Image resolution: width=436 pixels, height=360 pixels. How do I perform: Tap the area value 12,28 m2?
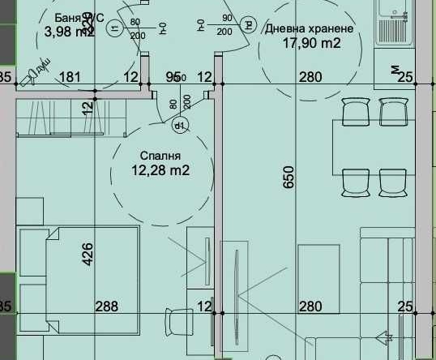(x=160, y=170)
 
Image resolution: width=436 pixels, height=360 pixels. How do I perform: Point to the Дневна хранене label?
(x=309, y=28)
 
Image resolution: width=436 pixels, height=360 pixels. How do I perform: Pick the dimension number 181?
(x=71, y=78)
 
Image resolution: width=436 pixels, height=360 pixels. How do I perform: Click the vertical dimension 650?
(x=289, y=178)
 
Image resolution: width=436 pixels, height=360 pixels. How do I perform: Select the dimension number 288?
(x=106, y=306)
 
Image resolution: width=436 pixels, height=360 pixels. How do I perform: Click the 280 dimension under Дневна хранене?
(x=310, y=78)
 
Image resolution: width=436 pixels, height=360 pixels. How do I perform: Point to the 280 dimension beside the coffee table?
(x=310, y=306)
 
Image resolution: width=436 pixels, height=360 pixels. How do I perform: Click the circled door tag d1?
(x=180, y=125)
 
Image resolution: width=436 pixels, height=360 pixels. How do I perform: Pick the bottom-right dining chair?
(x=394, y=181)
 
